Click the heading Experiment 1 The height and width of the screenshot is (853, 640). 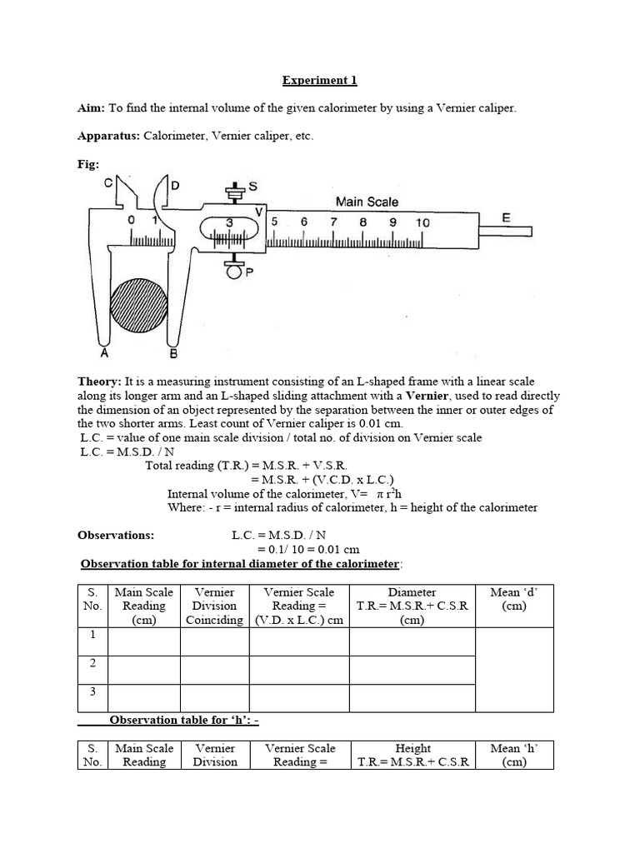[x=319, y=81]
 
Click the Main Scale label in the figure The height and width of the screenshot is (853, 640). [x=367, y=202]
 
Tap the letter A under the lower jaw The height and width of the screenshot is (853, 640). [x=104, y=353]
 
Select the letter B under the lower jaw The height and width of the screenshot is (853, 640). [x=173, y=354]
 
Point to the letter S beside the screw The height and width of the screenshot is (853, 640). [x=252, y=187]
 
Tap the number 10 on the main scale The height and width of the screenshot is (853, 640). [x=422, y=222]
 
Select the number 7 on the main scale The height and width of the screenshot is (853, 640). [x=333, y=222]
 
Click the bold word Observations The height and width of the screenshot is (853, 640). [x=116, y=536]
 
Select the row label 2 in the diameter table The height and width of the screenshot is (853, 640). [x=93, y=663]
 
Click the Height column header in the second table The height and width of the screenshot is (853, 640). [x=413, y=748]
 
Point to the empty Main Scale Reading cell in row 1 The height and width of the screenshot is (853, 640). [x=144, y=641]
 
